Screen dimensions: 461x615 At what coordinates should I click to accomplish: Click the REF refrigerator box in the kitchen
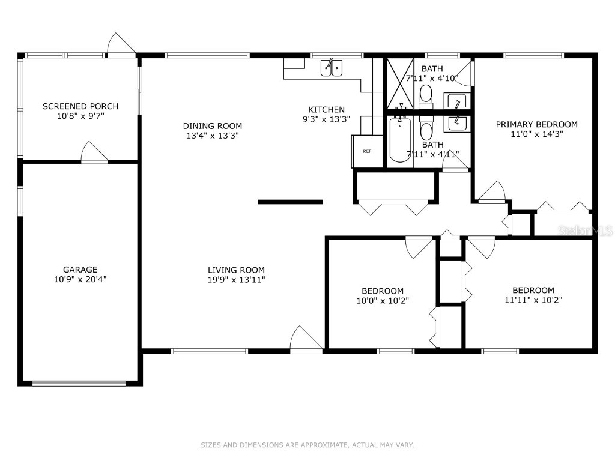[x=367, y=151]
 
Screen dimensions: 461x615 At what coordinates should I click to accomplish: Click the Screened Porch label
[x=80, y=106]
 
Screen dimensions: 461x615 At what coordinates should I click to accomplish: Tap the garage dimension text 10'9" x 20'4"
[x=80, y=279]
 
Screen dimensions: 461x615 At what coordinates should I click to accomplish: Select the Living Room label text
[x=236, y=270]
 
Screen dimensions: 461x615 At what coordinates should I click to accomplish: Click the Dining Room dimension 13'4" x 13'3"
[x=212, y=136]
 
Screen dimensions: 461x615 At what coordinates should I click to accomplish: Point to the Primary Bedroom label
[x=536, y=124]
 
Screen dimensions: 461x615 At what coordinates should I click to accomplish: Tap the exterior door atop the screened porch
[x=122, y=46]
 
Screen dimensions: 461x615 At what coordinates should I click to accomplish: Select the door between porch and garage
[x=94, y=153]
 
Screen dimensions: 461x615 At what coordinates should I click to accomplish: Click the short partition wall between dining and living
[x=290, y=202]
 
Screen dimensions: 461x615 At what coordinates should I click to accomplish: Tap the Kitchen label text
[x=326, y=109]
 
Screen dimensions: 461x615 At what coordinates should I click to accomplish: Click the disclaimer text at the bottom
[x=307, y=445]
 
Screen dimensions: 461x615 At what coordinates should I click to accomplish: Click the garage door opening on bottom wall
[x=79, y=382]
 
